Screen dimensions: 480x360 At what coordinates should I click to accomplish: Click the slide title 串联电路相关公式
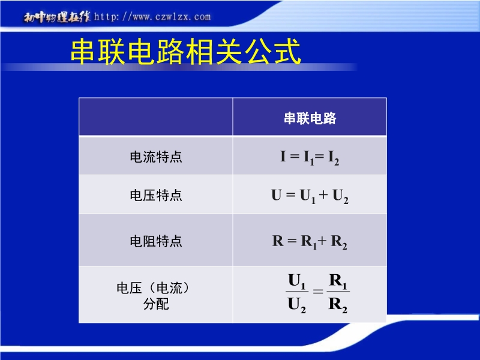click(x=186, y=52)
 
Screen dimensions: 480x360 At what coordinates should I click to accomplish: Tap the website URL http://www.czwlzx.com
click(x=152, y=17)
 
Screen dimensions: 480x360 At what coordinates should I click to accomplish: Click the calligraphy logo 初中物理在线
click(x=57, y=17)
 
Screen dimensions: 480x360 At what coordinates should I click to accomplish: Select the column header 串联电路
click(x=310, y=118)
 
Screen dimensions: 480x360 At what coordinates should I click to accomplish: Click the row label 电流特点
click(x=156, y=157)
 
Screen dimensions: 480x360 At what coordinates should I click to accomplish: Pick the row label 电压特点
click(x=156, y=195)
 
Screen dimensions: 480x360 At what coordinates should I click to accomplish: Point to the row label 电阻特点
click(x=156, y=241)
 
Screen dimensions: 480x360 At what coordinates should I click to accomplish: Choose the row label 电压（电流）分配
click(x=153, y=296)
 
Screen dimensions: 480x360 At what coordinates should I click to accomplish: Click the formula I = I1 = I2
click(x=310, y=157)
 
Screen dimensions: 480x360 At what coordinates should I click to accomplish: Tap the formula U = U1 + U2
click(x=310, y=196)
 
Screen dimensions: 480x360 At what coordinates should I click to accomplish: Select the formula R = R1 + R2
click(x=310, y=242)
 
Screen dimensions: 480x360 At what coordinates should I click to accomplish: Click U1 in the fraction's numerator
click(x=296, y=281)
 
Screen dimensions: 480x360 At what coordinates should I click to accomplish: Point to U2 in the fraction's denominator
click(x=296, y=305)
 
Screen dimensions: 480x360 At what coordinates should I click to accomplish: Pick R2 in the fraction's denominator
click(x=338, y=305)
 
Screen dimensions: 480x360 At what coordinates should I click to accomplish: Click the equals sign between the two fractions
click(x=318, y=291)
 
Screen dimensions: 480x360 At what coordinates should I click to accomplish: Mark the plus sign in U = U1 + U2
click(x=323, y=194)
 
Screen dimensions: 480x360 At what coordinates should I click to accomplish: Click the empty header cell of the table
click(x=156, y=116)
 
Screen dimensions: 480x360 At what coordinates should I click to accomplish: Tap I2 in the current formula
click(x=334, y=158)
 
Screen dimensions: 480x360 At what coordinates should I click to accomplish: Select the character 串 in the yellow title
click(x=83, y=52)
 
